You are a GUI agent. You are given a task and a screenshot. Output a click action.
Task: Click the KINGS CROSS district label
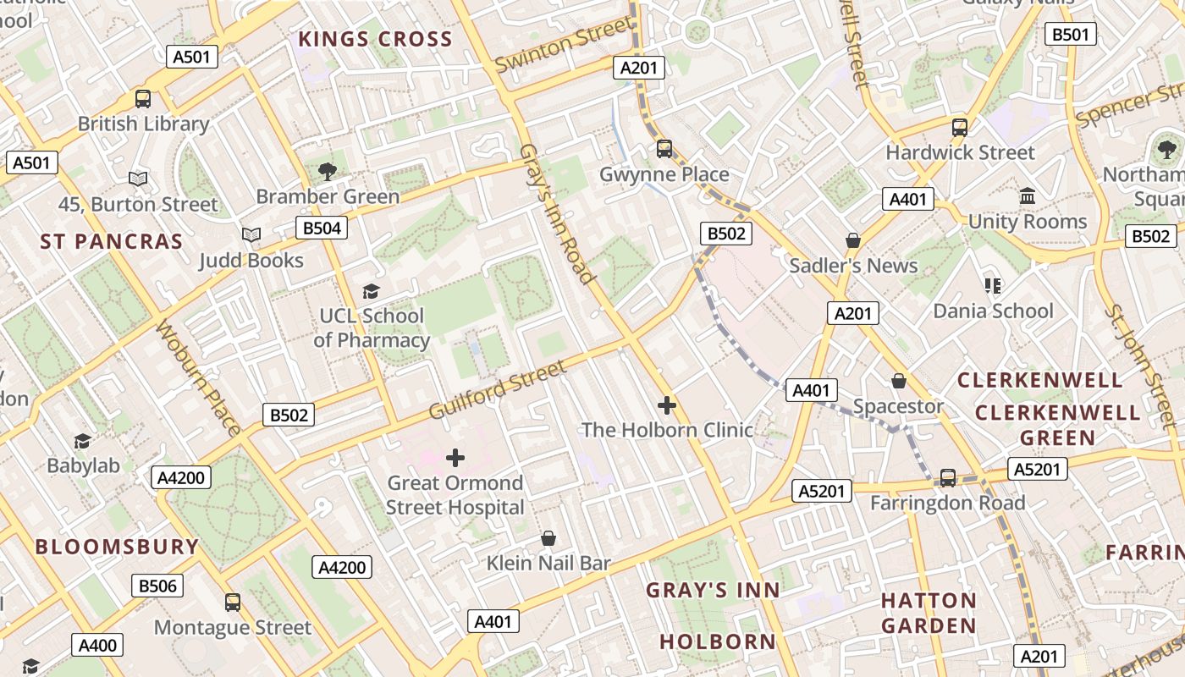click(375, 39)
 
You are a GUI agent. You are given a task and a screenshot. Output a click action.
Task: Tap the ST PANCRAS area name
click(112, 241)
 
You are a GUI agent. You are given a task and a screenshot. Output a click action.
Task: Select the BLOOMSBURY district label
click(117, 546)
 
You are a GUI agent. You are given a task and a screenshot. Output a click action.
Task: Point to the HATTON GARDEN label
click(929, 613)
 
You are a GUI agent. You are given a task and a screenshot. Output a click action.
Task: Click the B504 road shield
click(322, 228)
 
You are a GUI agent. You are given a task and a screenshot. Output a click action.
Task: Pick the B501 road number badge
click(1070, 35)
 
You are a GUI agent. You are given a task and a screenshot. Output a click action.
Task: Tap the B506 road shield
click(157, 586)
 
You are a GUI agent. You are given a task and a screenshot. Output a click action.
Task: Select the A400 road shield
click(97, 646)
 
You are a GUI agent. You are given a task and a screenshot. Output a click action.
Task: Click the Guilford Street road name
click(497, 389)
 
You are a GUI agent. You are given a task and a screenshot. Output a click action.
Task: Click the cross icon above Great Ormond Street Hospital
click(455, 458)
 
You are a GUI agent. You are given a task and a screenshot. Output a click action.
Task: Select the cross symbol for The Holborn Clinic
click(667, 405)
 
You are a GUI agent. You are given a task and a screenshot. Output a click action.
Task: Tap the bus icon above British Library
click(143, 98)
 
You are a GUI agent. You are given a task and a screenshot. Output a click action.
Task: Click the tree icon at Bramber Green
click(328, 172)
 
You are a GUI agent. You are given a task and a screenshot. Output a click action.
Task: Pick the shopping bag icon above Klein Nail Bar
click(548, 538)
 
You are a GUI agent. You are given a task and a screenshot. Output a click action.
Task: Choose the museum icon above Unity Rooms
click(1028, 196)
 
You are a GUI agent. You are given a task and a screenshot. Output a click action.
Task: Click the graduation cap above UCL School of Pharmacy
click(371, 291)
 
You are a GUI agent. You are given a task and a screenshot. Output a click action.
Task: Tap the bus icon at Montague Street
click(233, 603)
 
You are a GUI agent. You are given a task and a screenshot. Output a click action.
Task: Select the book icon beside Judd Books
click(251, 234)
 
